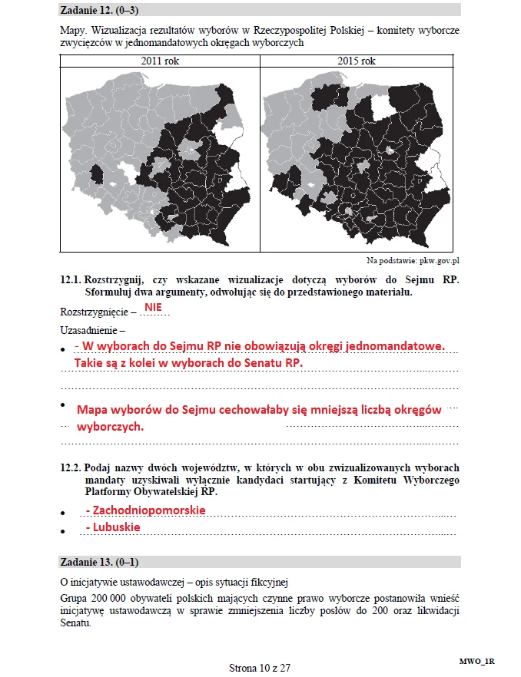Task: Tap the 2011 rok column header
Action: tap(160, 61)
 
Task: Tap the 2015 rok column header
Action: tap(357, 61)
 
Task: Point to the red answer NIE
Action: tap(153, 306)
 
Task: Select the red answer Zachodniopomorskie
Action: tap(145, 510)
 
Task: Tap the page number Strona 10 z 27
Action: tap(260, 667)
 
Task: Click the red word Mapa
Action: tap(93, 410)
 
